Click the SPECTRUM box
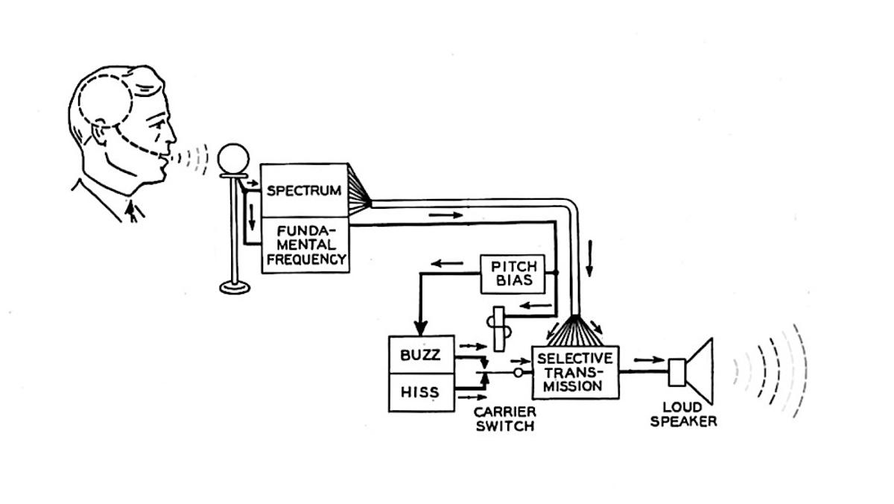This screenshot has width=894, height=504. [304, 190]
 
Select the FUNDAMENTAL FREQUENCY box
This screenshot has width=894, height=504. [305, 245]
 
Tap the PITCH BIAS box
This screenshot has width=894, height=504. [513, 274]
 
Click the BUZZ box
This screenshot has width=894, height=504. [421, 355]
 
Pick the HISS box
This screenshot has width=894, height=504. [421, 392]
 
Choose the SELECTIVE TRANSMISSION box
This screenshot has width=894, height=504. [574, 372]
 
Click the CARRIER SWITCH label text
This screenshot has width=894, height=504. [504, 419]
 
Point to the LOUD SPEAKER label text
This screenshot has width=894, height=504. [683, 415]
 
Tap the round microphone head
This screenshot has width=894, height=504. [234, 158]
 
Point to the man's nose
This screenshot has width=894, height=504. [172, 135]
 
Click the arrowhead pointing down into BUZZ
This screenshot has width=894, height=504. [420, 327]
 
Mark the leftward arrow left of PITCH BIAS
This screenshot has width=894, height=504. [447, 263]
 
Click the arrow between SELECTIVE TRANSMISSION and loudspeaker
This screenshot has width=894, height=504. [648, 360]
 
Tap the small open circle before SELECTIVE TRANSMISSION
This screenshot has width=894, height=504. [517, 371]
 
